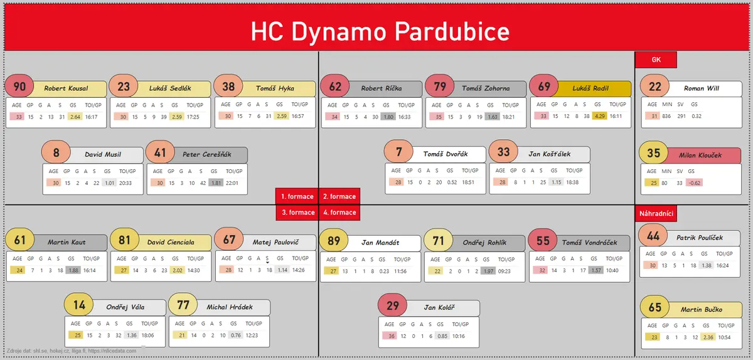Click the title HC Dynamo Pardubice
click(x=380, y=31)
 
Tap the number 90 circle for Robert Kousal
click(x=19, y=87)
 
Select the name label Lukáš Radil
click(x=590, y=88)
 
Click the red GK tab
click(x=656, y=60)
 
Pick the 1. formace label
click(x=297, y=196)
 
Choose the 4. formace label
click(x=339, y=213)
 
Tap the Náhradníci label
click(x=656, y=213)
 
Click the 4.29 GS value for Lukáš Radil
click(x=599, y=116)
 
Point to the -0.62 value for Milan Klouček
click(x=694, y=183)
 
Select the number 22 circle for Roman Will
click(x=655, y=87)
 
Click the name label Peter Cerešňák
click(x=206, y=155)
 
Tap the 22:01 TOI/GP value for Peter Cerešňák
click(x=232, y=183)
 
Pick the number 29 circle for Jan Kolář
click(x=392, y=305)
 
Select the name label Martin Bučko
click(x=702, y=310)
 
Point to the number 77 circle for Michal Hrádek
click(x=183, y=305)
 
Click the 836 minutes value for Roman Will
click(x=666, y=116)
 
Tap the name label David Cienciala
click(x=171, y=242)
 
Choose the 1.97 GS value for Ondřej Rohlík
click(x=488, y=272)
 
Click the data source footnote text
click(x=72, y=351)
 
